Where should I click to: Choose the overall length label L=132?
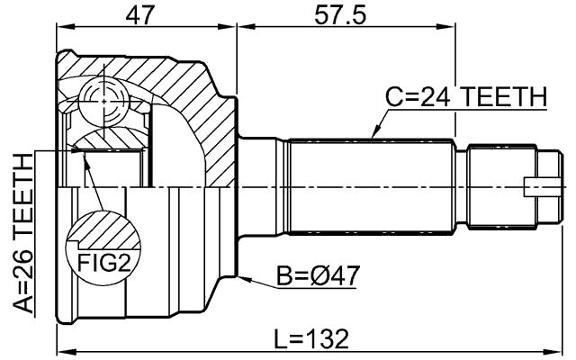pos(311,338)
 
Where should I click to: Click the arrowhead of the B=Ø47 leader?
pos(241,273)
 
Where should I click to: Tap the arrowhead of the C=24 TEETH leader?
pos(372,136)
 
